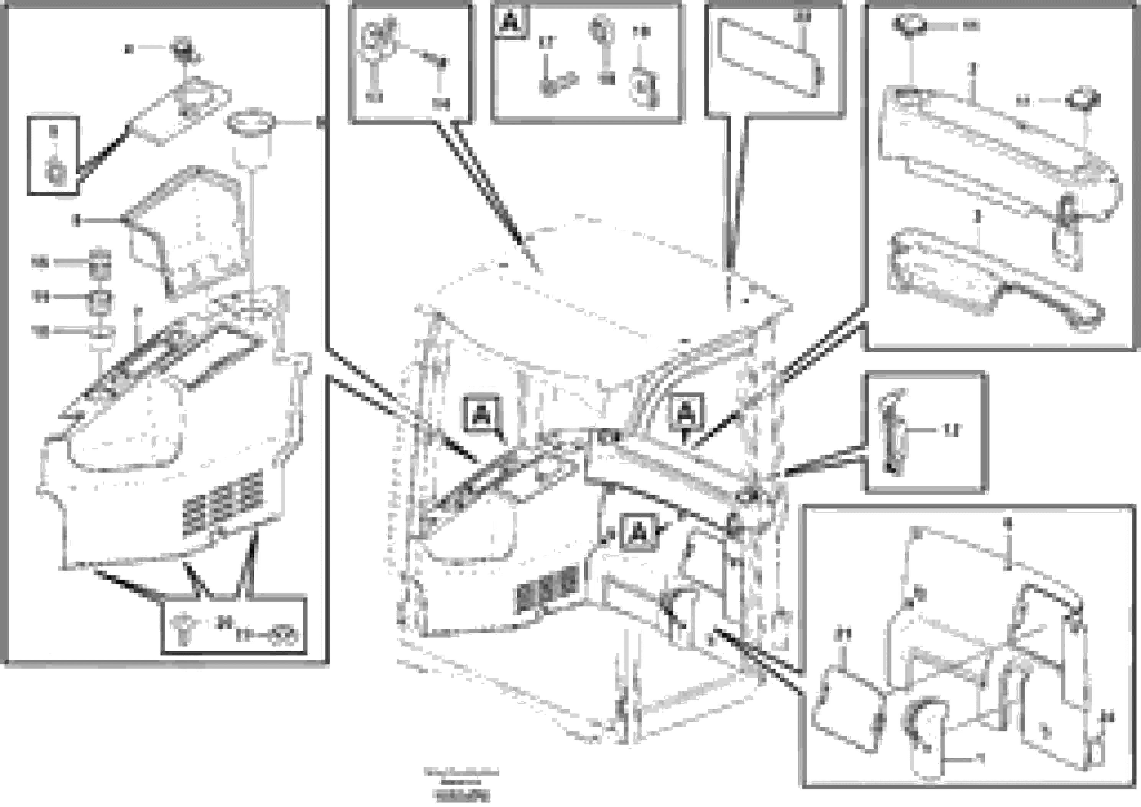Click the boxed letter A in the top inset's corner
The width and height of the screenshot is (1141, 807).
(x=509, y=22)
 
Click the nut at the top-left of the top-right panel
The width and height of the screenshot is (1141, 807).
(x=909, y=25)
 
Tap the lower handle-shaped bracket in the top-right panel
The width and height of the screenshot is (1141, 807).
(x=989, y=281)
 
